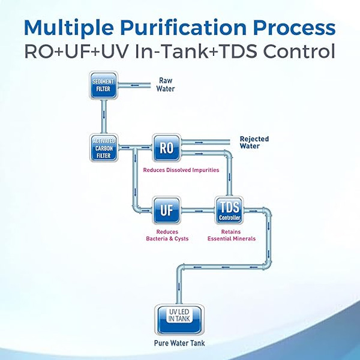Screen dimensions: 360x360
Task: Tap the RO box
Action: pyautogui.click(x=166, y=148)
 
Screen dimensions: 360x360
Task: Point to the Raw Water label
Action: pyautogui.click(x=166, y=84)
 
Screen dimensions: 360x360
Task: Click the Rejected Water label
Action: pyautogui.click(x=254, y=142)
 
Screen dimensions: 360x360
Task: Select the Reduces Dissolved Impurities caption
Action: pyautogui.click(x=181, y=170)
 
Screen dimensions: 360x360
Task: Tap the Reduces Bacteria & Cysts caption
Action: pyautogui.click(x=167, y=235)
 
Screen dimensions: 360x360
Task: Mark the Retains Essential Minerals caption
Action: pyautogui.click(x=232, y=235)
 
